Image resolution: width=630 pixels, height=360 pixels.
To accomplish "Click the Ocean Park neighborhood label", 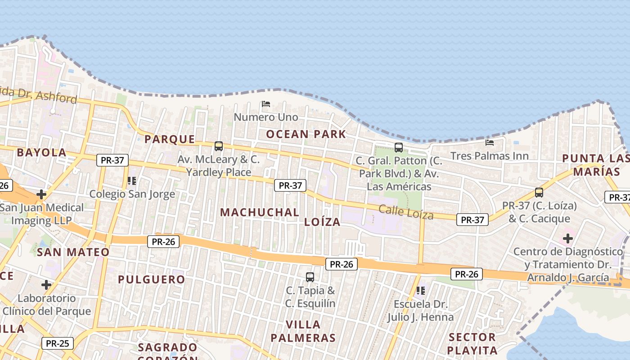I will click(x=306, y=134).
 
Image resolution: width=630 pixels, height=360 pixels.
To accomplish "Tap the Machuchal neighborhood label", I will click(x=260, y=212).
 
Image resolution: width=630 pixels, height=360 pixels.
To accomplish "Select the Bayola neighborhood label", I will click(x=41, y=153).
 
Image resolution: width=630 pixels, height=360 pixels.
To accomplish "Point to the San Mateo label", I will click(x=73, y=252).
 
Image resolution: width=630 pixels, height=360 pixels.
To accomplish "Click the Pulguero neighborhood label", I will click(x=151, y=279).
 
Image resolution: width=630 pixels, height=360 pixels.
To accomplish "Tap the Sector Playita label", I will click(x=472, y=344).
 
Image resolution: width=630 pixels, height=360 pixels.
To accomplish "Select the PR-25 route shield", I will click(x=58, y=343).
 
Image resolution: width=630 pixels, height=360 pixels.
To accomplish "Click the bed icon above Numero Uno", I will click(x=265, y=104).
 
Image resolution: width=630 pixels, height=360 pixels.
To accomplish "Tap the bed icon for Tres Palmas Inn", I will click(x=490, y=143).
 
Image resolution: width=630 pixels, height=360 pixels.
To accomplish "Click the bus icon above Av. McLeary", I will click(x=219, y=146).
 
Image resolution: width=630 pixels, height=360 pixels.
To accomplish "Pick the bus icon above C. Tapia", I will click(x=310, y=277).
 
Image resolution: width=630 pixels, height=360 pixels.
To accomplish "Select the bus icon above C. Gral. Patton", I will click(x=399, y=147).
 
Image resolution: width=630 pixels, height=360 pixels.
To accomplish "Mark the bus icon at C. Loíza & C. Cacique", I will click(x=539, y=193).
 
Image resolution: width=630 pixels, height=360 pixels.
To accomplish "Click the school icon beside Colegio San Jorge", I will click(x=131, y=181).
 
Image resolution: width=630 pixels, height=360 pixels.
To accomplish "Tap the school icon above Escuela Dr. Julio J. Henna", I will click(x=421, y=291).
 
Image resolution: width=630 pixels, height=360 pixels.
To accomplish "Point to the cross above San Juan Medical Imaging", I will click(x=41, y=194).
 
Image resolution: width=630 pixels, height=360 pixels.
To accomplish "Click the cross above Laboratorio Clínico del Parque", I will click(x=46, y=285).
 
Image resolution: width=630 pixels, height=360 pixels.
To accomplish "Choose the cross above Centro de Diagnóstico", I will click(x=568, y=238).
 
